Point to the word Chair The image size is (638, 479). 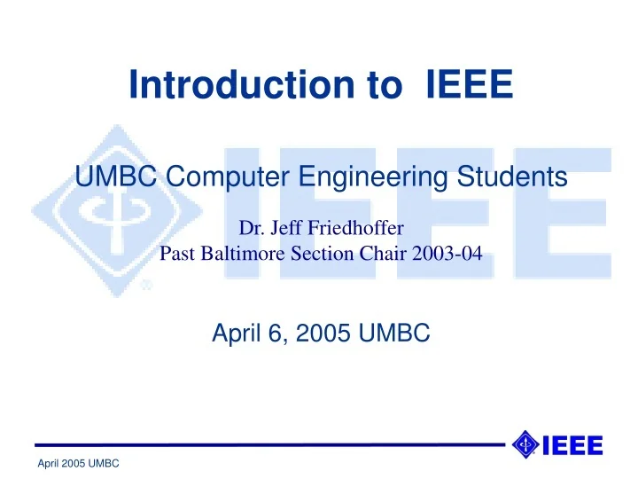pyautogui.click(x=379, y=255)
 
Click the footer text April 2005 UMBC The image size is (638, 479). pyautogui.click(x=79, y=465)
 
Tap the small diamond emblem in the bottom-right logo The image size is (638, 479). pyautogui.click(x=525, y=444)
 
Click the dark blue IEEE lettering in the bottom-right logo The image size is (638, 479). pyautogui.click(x=572, y=444)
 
